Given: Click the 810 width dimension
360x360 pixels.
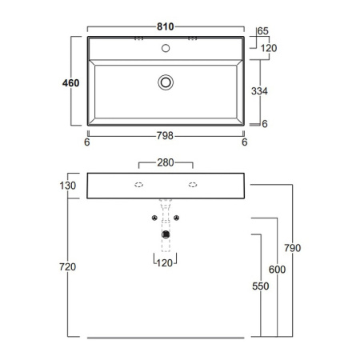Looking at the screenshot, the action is click(x=166, y=26).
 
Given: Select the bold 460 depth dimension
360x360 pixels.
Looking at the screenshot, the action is click(x=70, y=83).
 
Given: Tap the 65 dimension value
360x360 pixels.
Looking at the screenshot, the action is click(x=263, y=31).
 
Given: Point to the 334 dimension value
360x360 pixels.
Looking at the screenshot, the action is click(x=259, y=91).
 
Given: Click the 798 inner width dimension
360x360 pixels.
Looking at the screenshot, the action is click(x=165, y=136).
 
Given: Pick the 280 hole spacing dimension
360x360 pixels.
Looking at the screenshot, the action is click(x=166, y=162).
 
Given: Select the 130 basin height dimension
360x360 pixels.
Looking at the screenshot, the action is click(x=68, y=186).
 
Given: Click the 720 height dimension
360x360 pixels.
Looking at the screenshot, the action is click(x=67, y=266).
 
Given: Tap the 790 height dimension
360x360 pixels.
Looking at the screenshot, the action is click(x=293, y=248).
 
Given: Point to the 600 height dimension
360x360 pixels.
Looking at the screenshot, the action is click(x=277, y=270).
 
